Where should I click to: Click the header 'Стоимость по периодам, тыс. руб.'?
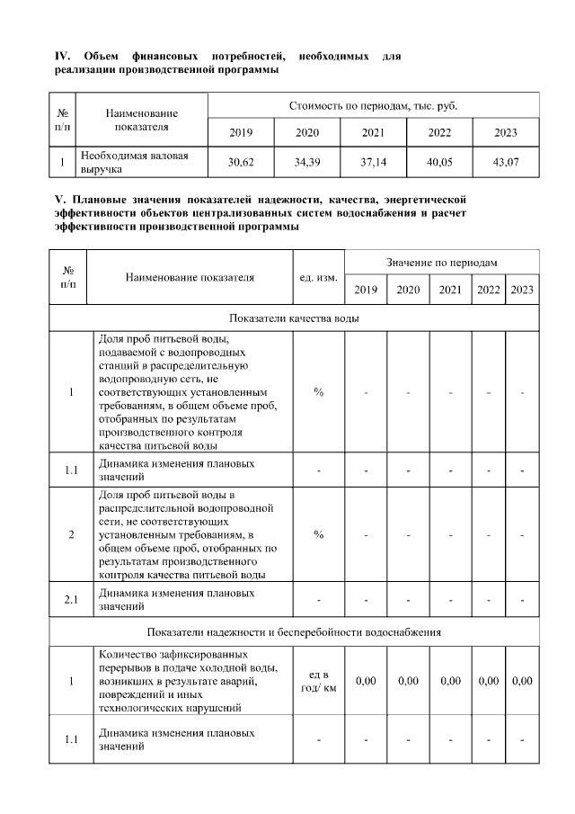(373, 106)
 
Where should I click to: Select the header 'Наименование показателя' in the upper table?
(142, 121)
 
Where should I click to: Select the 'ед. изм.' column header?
(318, 277)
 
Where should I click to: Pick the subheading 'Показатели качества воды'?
(295, 318)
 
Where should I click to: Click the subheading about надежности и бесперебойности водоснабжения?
(294, 631)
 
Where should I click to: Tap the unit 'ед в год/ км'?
(318, 682)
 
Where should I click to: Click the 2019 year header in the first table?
(241, 133)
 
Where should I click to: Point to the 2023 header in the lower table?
(522, 290)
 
